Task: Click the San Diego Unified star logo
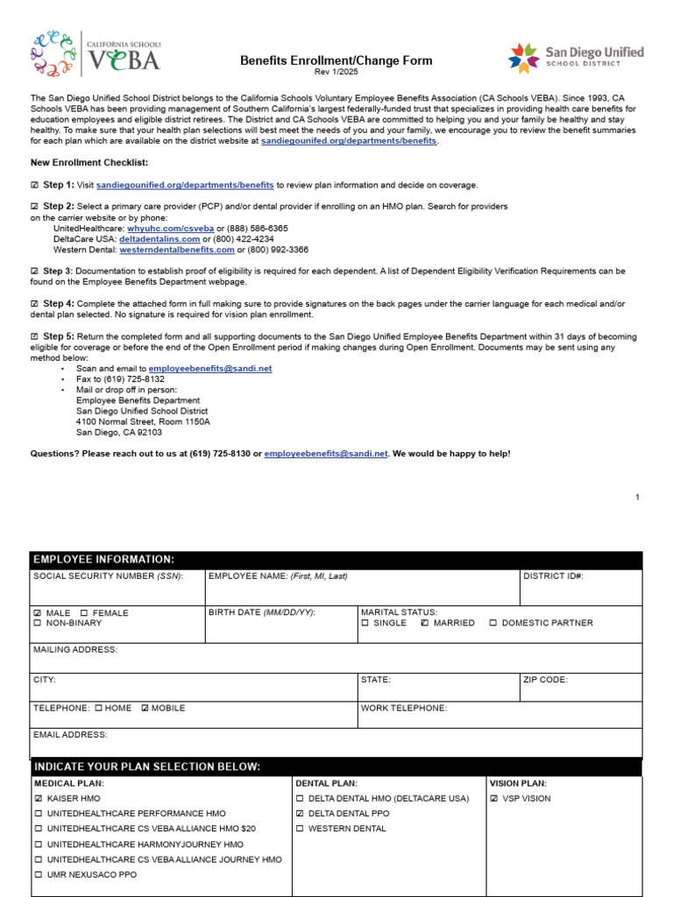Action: (524, 58)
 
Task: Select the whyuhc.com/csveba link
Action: (171, 228)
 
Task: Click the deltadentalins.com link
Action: (159, 238)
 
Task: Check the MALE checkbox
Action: (37, 613)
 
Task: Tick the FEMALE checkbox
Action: (83, 613)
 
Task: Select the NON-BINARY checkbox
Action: (37, 624)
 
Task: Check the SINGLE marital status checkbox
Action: (365, 624)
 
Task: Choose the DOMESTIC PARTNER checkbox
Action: (493, 624)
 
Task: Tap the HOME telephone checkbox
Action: (99, 708)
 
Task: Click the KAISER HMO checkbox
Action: (38, 799)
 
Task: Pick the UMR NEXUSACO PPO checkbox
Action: (38, 875)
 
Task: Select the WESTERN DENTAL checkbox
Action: (300, 829)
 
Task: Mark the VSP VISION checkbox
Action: (494, 799)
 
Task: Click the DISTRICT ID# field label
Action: (553, 576)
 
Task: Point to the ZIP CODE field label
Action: (546, 680)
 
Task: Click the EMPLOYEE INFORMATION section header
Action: (103, 560)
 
